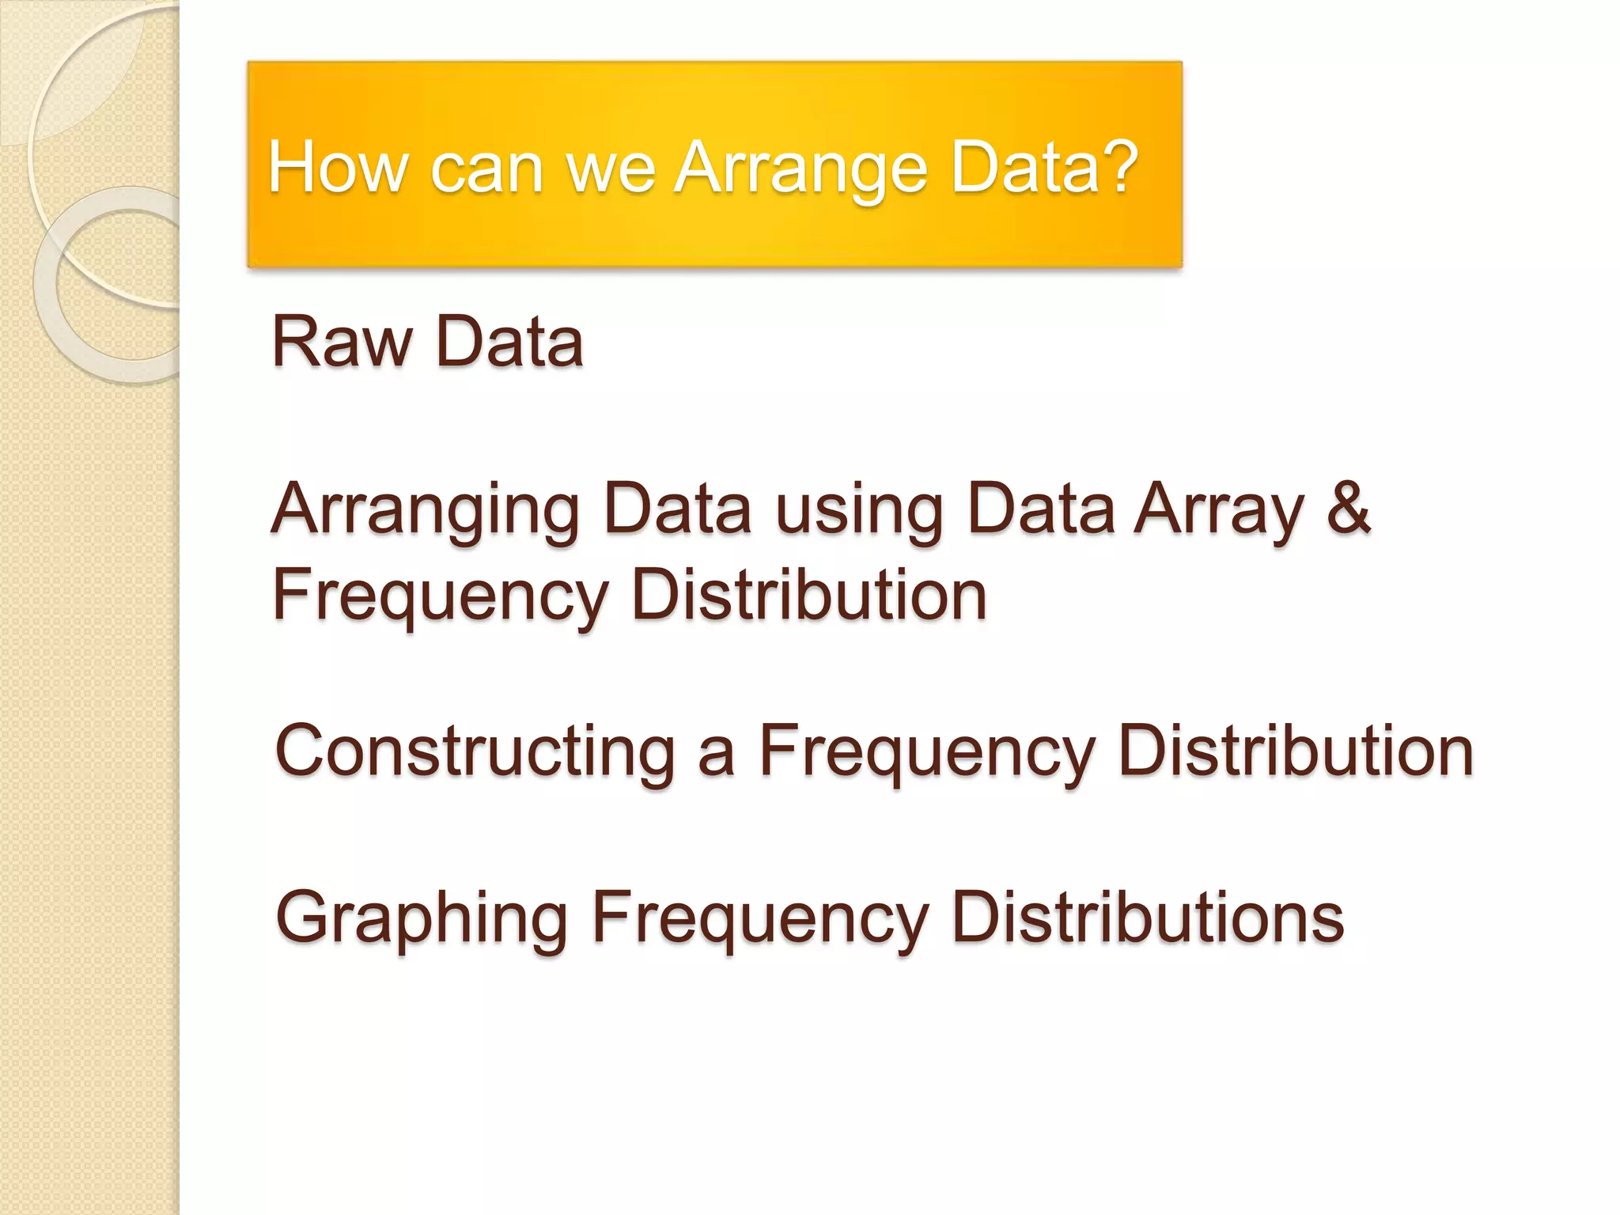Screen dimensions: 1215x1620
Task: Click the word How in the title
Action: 339,167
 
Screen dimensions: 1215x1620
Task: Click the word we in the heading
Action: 611,168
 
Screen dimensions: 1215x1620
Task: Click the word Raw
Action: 342,342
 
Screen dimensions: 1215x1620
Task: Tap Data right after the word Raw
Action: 509,342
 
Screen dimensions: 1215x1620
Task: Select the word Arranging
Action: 426,510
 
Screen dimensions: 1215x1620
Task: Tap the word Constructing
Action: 475,751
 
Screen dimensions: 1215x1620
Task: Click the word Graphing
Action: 421,918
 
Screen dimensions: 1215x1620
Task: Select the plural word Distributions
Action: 1148,917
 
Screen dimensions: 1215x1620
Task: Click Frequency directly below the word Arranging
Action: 441,596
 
